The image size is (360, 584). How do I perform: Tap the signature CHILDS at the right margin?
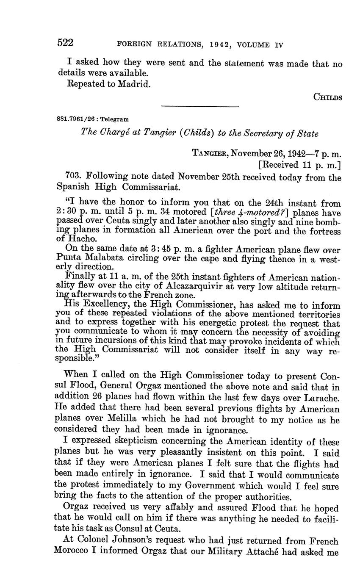click(327, 97)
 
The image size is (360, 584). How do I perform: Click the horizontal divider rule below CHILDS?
click(200, 107)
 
